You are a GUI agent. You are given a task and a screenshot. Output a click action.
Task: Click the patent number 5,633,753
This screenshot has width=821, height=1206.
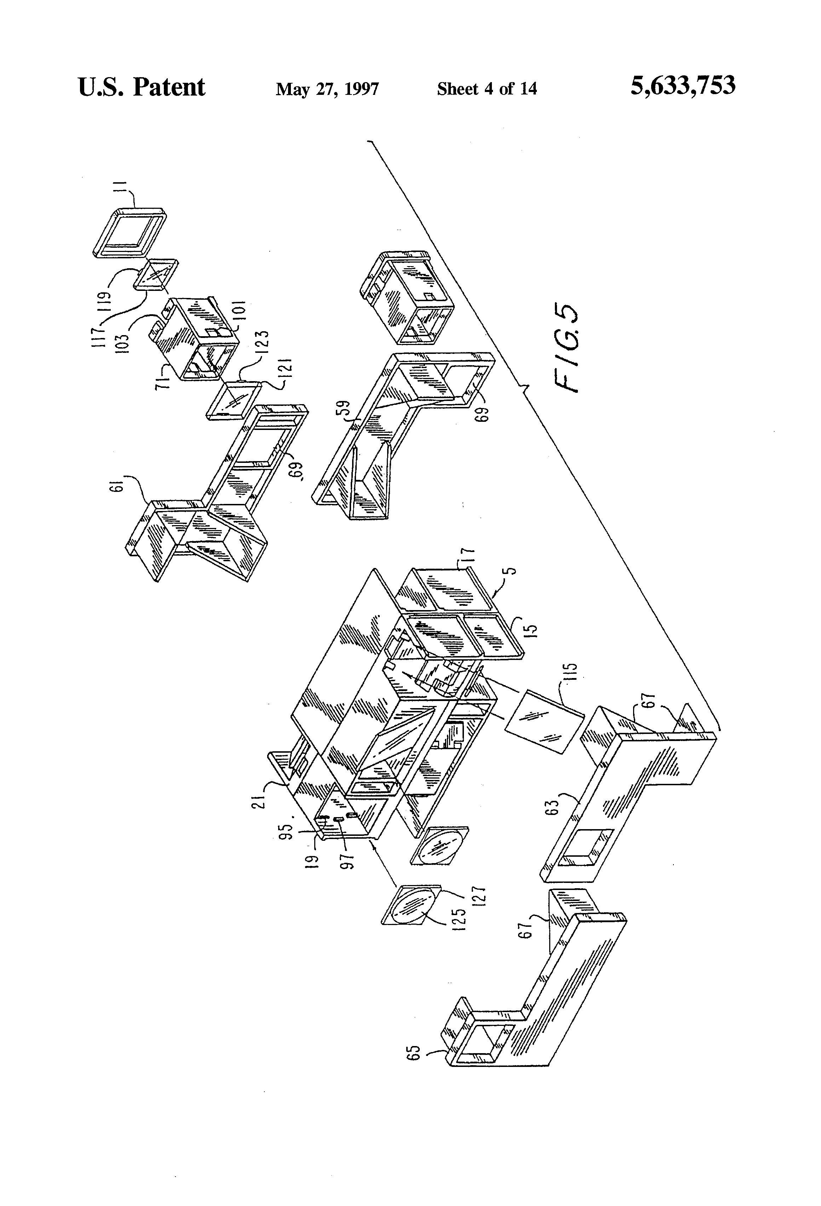(x=682, y=86)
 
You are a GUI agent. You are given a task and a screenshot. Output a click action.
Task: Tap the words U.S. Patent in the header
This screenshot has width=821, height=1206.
(x=141, y=87)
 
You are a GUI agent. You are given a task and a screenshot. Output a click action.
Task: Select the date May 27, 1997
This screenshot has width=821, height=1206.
(x=327, y=89)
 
